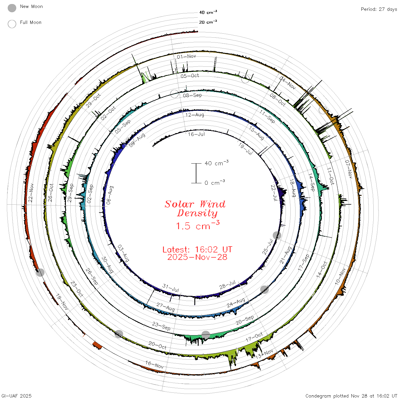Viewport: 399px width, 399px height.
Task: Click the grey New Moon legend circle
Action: tap(12, 8)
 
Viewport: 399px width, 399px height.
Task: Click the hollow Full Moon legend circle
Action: tap(12, 24)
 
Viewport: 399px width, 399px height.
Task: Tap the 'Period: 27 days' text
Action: tap(379, 9)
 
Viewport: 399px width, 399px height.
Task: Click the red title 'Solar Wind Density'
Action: tap(195, 208)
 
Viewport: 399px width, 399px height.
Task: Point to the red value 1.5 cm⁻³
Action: tap(198, 225)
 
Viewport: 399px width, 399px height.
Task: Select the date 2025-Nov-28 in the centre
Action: tap(197, 257)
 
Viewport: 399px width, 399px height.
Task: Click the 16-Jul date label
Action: tap(196, 134)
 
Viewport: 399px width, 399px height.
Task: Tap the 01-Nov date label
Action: tap(186, 56)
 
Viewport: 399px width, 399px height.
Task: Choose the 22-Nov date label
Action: tap(31, 193)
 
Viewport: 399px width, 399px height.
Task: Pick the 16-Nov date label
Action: tap(154, 365)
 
